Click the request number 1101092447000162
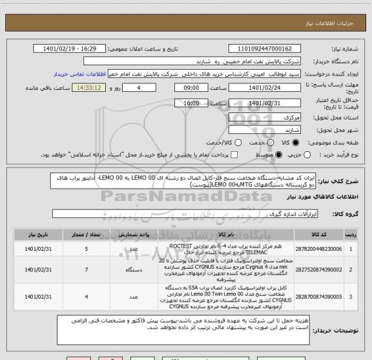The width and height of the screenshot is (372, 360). pyautogui.click(x=265, y=48)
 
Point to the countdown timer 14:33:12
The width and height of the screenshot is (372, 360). pyautogui.click(x=90, y=87)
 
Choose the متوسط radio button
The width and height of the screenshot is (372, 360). pyautogui.click(x=278, y=155)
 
